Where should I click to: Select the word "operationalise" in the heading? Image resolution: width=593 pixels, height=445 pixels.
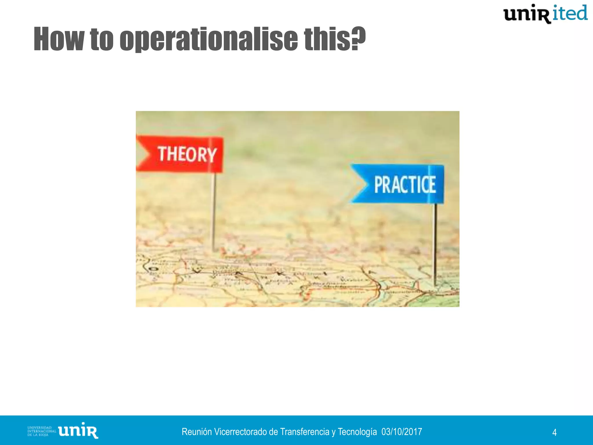[208, 39]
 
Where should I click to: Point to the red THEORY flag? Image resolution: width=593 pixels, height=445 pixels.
[185, 154]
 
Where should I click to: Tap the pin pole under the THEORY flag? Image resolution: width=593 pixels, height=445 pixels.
[214, 211]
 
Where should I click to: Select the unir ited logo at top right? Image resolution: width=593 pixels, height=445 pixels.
[545, 14]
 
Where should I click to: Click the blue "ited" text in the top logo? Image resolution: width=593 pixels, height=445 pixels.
[570, 13]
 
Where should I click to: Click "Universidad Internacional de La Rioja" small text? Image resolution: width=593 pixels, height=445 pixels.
[41, 431]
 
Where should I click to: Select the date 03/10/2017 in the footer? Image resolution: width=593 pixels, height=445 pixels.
[402, 432]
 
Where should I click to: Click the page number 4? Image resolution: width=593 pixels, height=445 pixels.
[554, 433]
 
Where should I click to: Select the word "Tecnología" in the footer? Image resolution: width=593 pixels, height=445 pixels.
[357, 432]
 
